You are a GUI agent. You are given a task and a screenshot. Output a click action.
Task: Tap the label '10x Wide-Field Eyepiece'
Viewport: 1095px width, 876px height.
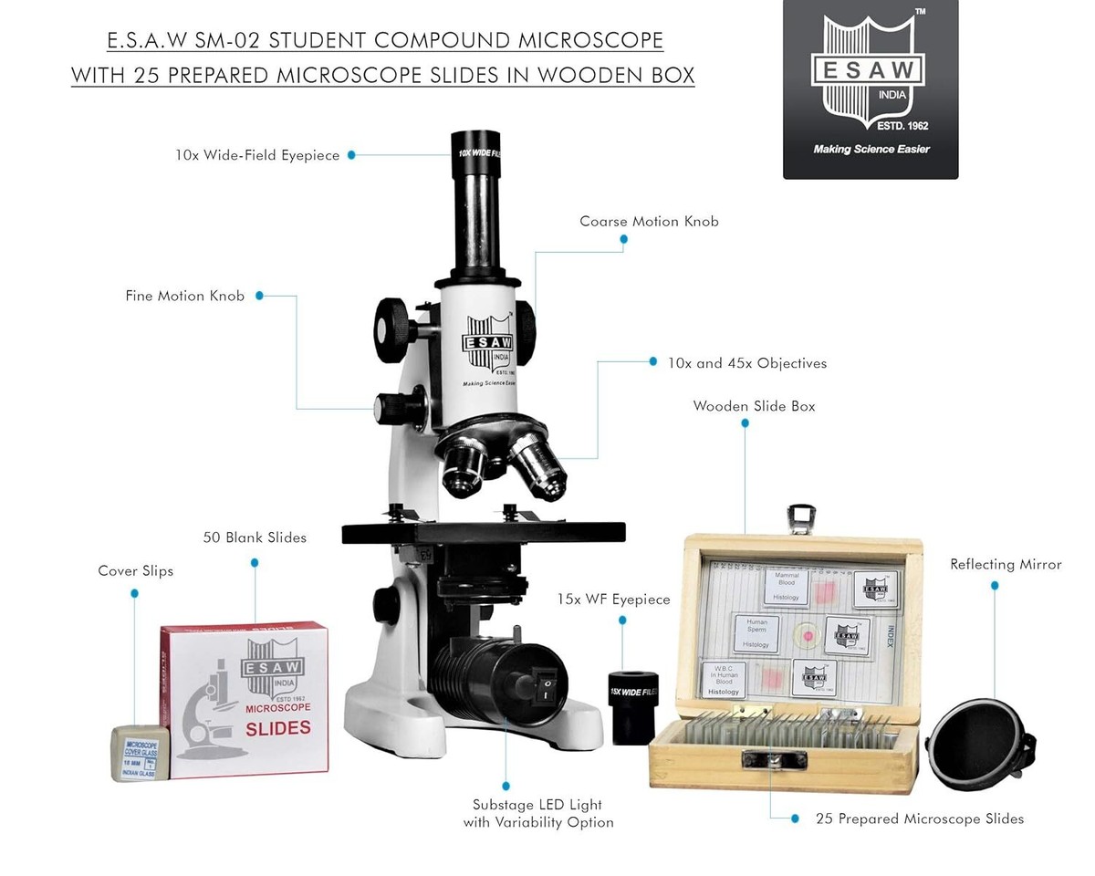pyautogui.click(x=257, y=156)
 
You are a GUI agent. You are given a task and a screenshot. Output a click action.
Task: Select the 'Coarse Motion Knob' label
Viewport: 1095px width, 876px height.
pyautogui.click(x=649, y=222)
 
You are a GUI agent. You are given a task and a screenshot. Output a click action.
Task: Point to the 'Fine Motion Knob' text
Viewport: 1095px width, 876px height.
pyautogui.click(x=184, y=297)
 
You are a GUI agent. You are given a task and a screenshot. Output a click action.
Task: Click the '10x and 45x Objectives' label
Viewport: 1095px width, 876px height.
pyautogui.click(x=746, y=363)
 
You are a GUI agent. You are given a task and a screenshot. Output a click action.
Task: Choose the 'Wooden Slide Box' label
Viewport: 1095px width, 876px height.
pyautogui.click(x=754, y=406)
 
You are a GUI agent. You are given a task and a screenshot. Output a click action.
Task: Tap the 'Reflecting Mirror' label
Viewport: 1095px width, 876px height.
pyautogui.click(x=1006, y=565)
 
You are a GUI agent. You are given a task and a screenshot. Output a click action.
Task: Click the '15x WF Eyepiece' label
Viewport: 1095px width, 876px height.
pyautogui.click(x=613, y=600)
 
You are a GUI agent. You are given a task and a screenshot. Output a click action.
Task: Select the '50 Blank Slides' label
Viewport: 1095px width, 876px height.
pyautogui.click(x=255, y=537)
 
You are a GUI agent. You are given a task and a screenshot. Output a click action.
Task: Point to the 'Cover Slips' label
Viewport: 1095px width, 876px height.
pyautogui.click(x=135, y=571)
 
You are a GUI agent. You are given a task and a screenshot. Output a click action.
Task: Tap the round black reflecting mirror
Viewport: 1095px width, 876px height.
pyautogui.click(x=978, y=744)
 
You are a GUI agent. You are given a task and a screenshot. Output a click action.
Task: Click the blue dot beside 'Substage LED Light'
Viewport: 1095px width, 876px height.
pyautogui.click(x=506, y=786)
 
